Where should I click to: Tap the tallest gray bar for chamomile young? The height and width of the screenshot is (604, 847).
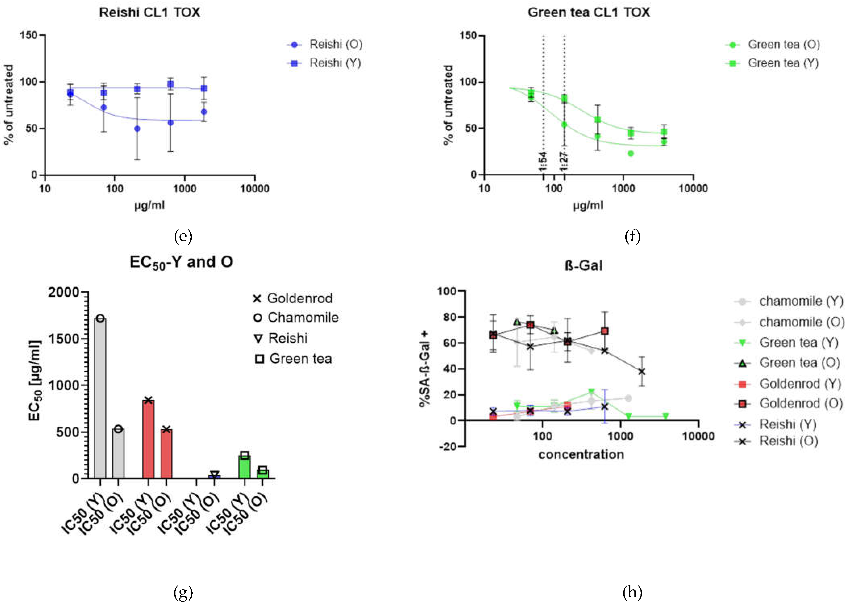click(100, 398)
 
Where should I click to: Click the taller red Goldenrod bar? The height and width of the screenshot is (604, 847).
click(148, 439)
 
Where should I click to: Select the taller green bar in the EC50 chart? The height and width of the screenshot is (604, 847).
click(244, 467)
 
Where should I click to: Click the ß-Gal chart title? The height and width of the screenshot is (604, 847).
click(583, 266)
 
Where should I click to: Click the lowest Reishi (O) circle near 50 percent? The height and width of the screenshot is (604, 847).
click(137, 129)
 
